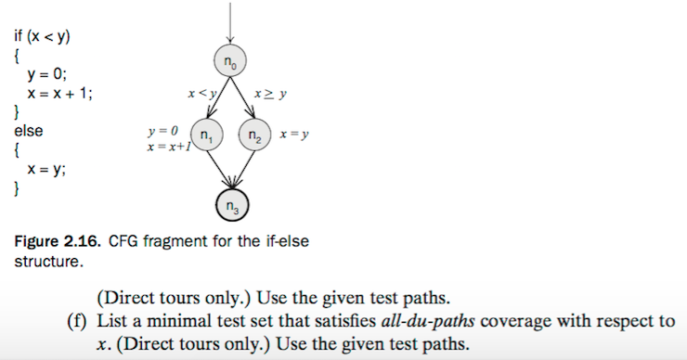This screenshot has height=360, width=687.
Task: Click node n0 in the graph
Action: click(230, 60)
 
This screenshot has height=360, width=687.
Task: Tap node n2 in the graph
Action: click(253, 135)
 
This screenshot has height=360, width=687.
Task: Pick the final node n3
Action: click(230, 206)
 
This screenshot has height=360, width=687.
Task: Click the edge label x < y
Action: click(201, 93)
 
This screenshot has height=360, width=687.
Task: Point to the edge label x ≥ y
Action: click(271, 93)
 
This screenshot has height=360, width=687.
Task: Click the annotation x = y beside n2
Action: click(294, 135)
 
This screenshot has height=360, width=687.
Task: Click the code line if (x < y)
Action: click(43, 37)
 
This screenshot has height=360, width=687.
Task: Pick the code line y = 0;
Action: click(47, 75)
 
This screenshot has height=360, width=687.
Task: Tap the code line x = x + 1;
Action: click(60, 94)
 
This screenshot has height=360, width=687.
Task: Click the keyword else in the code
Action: click(28, 131)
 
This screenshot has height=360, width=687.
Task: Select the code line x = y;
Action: click(45, 169)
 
